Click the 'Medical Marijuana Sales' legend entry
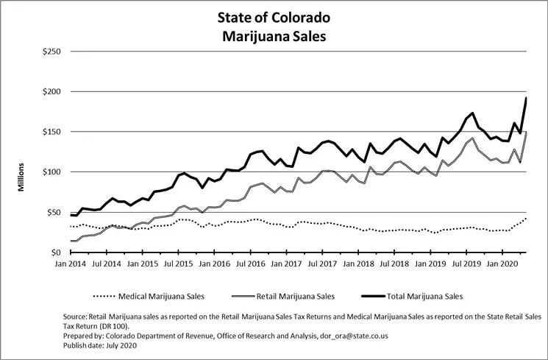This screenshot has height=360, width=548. point(158,297)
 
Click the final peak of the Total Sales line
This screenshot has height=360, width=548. point(526,98)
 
